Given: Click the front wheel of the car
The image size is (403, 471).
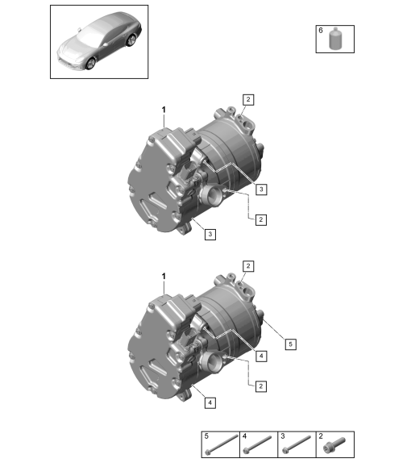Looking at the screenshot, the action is (90, 64).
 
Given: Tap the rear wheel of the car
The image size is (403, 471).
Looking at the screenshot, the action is (131, 40).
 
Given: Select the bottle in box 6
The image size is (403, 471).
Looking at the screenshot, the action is (335, 38).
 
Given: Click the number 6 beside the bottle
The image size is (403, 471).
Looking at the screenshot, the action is (321, 31).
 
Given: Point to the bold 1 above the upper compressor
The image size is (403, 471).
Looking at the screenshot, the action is (164, 110).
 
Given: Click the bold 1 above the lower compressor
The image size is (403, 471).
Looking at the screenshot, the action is (164, 277).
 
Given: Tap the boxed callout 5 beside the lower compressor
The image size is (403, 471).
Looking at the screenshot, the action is (290, 344).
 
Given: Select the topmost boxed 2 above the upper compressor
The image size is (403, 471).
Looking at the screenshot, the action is (248, 100).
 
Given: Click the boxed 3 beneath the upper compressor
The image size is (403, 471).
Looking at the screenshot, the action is (210, 234).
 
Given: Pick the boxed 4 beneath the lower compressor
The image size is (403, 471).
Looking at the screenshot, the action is (210, 402).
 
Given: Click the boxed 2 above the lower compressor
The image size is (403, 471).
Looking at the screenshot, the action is (248, 266).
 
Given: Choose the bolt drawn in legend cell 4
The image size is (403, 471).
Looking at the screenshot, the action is (258, 444).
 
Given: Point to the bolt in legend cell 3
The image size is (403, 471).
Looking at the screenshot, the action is (297, 444).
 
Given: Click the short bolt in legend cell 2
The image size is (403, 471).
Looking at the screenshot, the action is (334, 445).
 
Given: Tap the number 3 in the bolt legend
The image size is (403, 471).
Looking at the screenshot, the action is (283, 436).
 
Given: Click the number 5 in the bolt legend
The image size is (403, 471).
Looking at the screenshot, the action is (206, 436).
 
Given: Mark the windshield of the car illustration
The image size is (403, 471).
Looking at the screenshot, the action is (89, 32).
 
